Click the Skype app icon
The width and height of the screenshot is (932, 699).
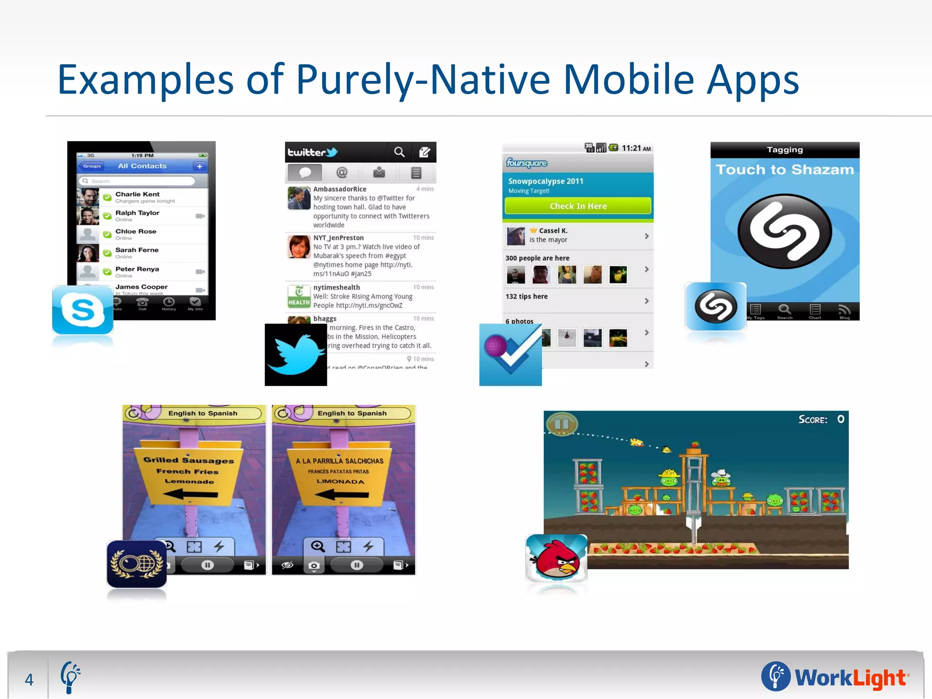(83, 310)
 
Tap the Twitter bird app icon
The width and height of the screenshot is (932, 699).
(296, 355)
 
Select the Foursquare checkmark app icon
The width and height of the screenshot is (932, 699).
(510, 355)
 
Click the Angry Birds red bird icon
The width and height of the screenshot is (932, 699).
(556, 558)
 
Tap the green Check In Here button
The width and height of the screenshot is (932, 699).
(578, 206)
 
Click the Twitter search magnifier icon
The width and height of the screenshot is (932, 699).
(399, 152)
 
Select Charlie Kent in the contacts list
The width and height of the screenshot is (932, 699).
(137, 194)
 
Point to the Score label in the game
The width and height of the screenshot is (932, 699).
(813, 420)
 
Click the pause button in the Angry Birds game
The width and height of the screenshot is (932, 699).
(562, 424)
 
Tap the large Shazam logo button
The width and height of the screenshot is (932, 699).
(785, 231)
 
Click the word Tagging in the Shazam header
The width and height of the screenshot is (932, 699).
(785, 150)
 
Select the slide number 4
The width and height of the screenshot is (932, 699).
(29, 679)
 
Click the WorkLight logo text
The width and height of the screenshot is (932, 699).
(850, 678)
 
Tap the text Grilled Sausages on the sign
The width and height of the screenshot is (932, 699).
(188, 460)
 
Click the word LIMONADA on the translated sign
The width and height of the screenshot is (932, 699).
(340, 481)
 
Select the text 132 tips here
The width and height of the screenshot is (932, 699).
(527, 296)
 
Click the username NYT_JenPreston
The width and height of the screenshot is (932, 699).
(339, 238)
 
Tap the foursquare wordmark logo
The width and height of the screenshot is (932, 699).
(527, 163)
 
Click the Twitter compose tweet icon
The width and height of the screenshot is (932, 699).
(424, 152)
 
